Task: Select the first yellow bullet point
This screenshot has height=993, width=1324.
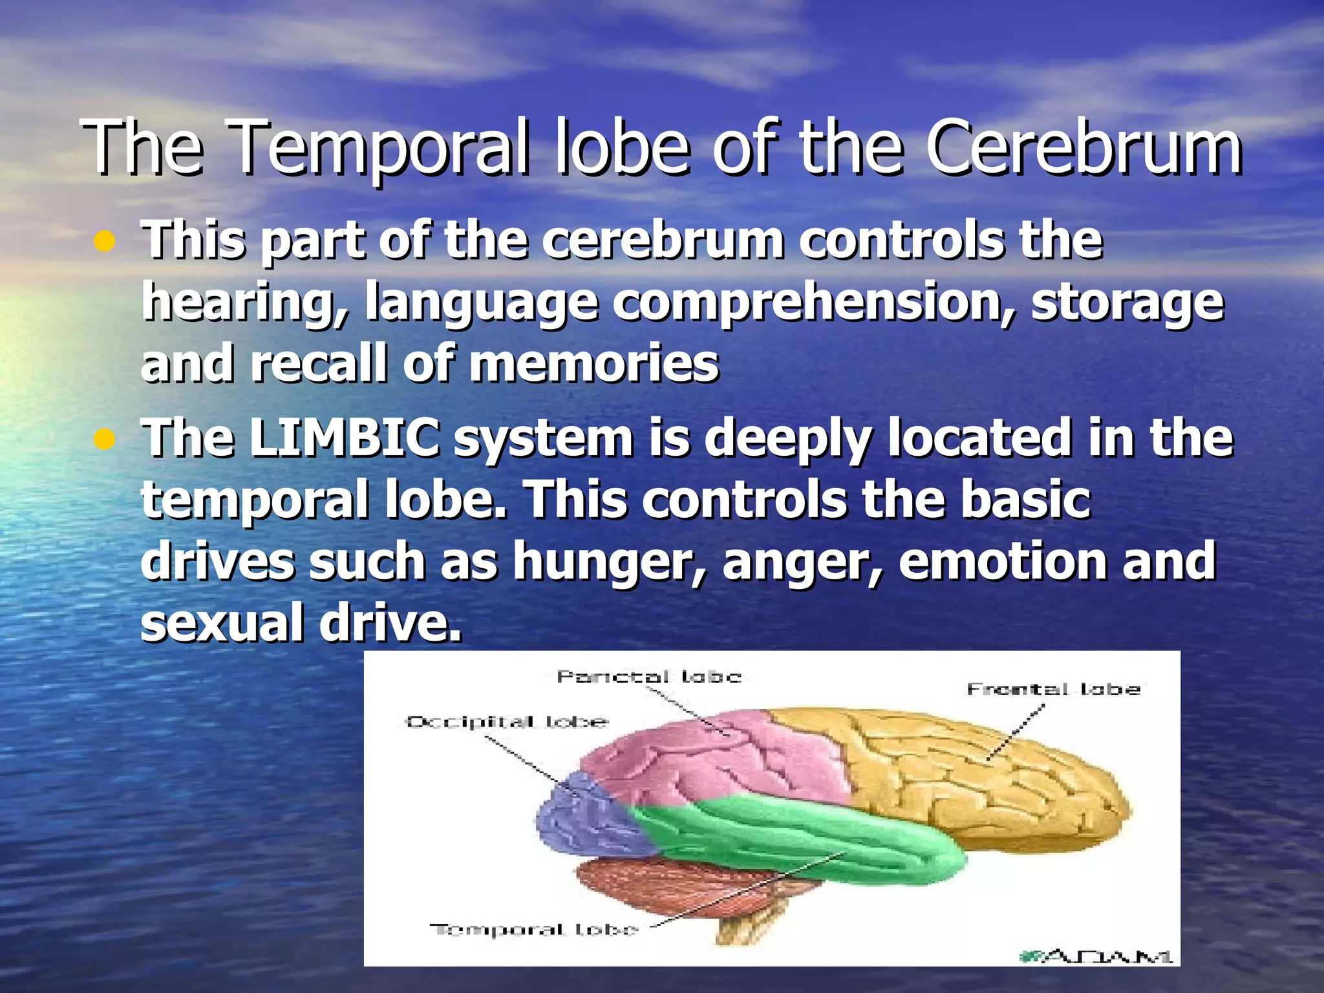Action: (x=103, y=242)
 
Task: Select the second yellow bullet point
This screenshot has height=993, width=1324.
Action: (x=103, y=440)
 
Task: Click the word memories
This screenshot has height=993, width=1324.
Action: (x=593, y=364)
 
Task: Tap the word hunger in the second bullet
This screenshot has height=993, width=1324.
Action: (x=608, y=562)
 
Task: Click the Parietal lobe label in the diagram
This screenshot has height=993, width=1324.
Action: (x=648, y=677)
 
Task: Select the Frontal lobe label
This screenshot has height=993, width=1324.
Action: (x=1053, y=689)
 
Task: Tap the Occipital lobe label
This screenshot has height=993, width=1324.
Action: (x=506, y=721)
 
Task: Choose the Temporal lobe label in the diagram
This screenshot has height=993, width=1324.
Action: (x=534, y=930)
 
